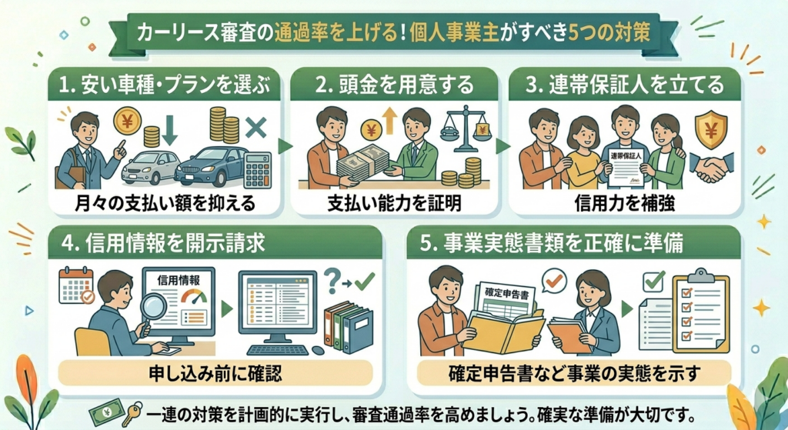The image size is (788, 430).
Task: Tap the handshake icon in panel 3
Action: click(708, 167)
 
